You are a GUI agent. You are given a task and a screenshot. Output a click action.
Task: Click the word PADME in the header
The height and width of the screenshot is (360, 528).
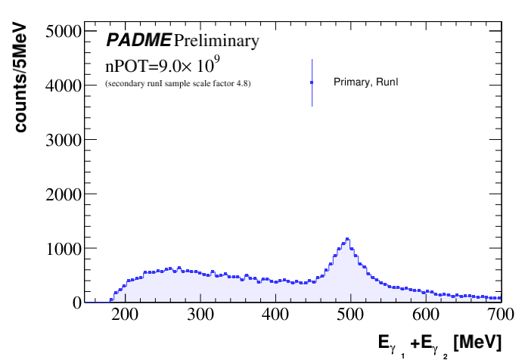point(138,40)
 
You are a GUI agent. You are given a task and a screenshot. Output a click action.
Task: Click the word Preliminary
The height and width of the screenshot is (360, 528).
point(216,40)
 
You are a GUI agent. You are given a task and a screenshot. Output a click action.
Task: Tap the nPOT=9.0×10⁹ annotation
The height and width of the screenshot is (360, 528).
point(163,63)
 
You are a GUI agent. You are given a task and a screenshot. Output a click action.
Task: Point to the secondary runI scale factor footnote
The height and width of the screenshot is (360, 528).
point(178,83)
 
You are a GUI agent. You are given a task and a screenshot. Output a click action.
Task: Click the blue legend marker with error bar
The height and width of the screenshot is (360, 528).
point(312,82)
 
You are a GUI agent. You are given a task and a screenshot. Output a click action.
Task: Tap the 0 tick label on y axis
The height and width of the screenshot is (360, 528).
point(76,303)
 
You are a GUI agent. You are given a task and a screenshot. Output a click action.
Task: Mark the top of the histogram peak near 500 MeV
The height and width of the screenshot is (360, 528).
point(347,239)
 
